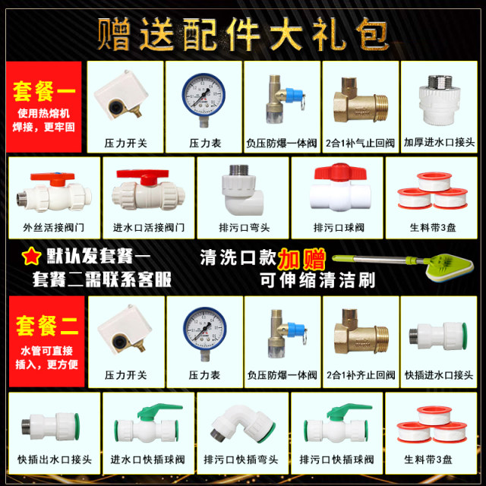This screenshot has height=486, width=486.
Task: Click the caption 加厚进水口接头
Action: (438, 143)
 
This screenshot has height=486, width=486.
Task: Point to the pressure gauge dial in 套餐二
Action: (204, 327)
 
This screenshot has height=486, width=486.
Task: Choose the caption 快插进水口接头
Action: (438, 375)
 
